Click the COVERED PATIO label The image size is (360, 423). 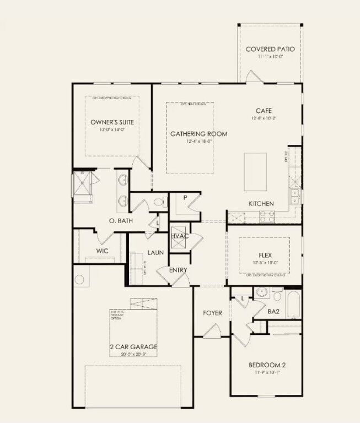click(x=270, y=49)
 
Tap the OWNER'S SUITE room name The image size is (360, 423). click(x=112, y=122)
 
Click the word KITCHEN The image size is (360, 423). click(x=261, y=204)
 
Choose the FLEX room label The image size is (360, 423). click(x=265, y=256)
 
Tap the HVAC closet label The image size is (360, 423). click(x=180, y=236)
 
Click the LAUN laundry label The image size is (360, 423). click(x=156, y=252)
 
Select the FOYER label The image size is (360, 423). click(x=212, y=313)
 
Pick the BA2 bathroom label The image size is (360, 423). click(x=273, y=311)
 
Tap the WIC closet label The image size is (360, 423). click(x=102, y=251)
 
